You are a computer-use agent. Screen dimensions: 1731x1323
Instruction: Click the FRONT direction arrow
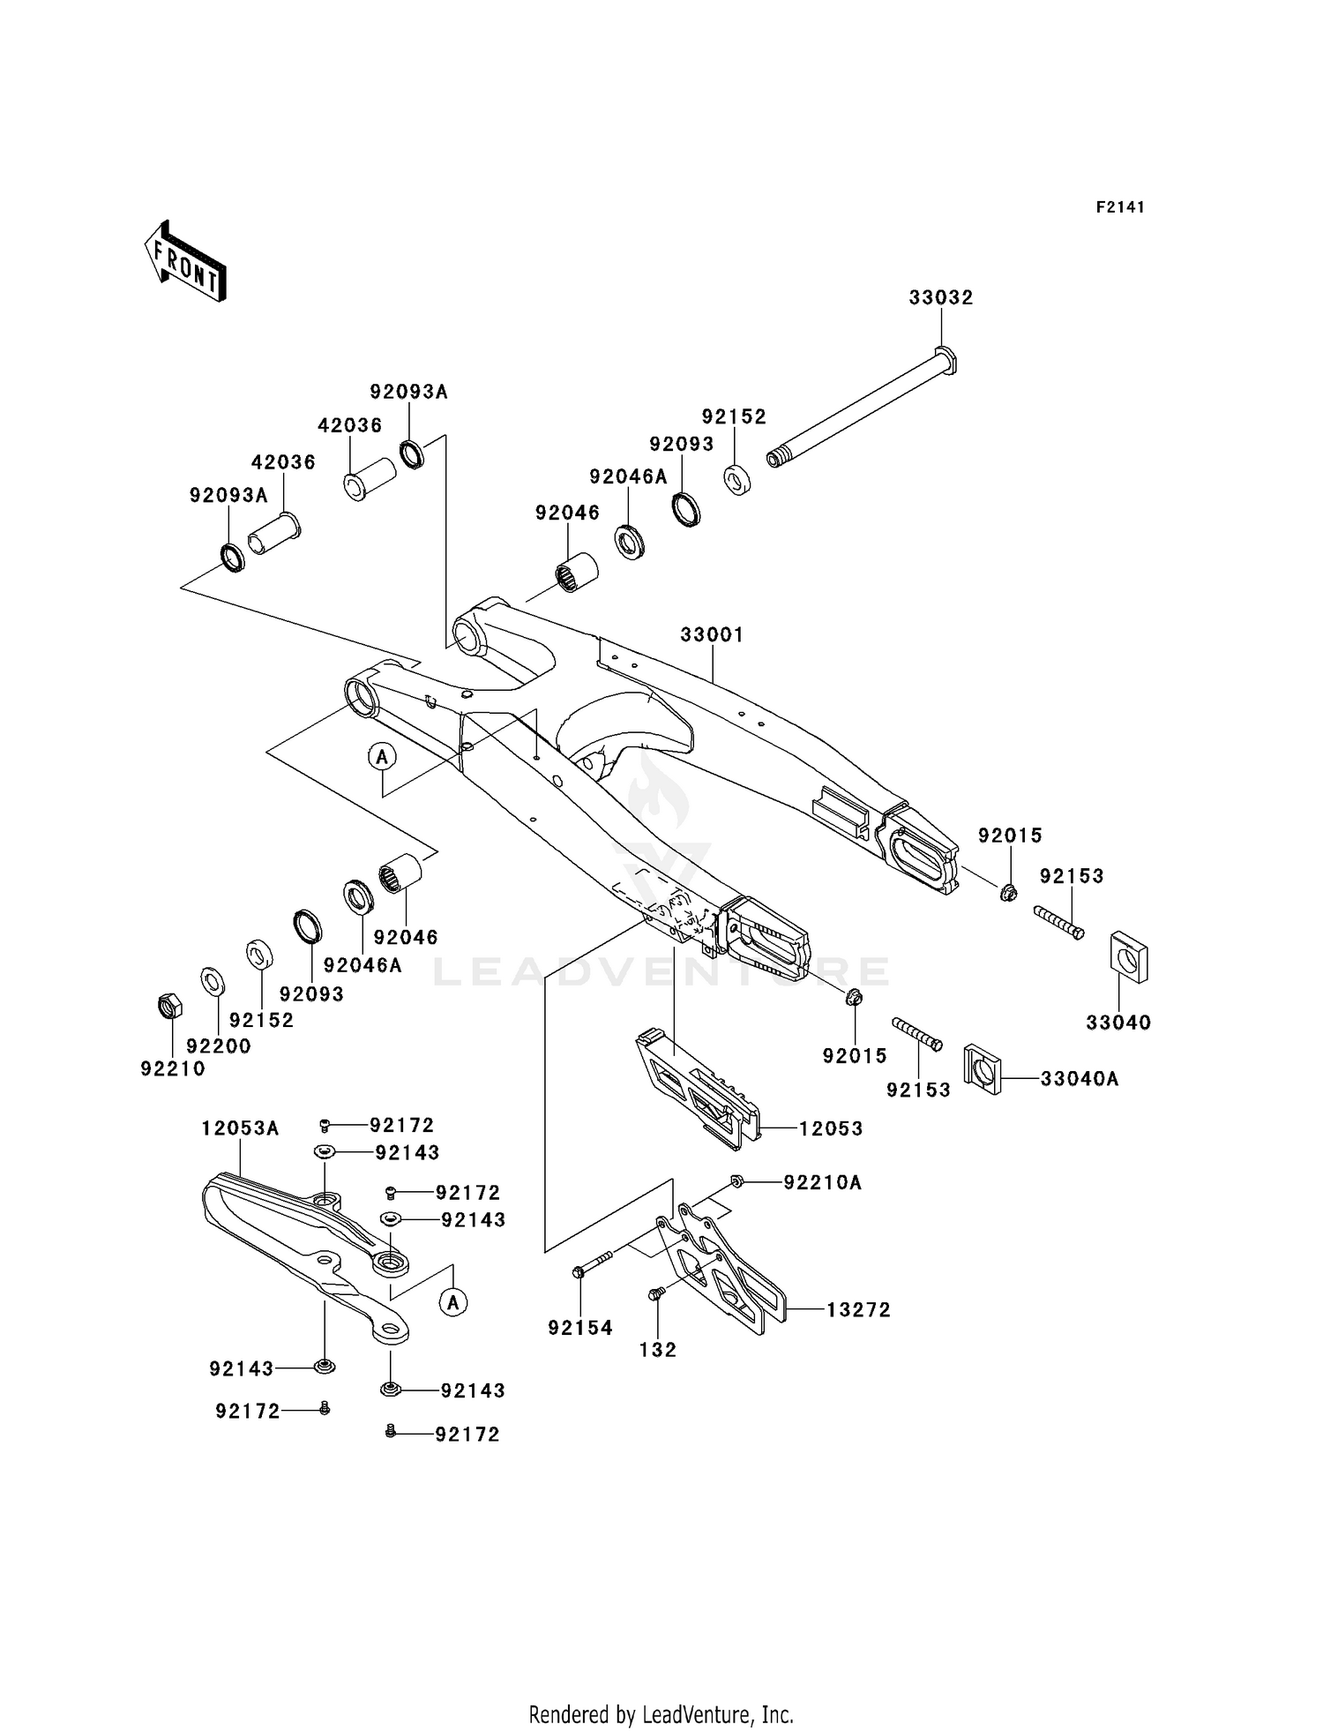(185, 262)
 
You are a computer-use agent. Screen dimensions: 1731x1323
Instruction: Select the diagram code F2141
(1120, 207)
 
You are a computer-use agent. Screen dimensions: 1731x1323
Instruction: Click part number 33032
(941, 298)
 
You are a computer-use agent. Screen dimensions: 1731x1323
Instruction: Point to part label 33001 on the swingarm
(712, 634)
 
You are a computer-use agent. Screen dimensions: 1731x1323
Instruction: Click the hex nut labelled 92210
(169, 1005)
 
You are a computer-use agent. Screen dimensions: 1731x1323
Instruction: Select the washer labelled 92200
(213, 980)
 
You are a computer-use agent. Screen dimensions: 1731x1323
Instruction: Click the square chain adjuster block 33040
(1128, 955)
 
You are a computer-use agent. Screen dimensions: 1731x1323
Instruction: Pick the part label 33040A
(1080, 1079)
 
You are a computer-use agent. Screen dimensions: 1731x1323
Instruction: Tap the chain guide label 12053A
(240, 1128)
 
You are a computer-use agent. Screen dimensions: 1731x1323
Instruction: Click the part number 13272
(858, 1310)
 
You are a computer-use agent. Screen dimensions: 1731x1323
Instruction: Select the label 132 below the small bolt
(658, 1350)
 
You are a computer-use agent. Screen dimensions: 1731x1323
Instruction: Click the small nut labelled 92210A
(736, 1181)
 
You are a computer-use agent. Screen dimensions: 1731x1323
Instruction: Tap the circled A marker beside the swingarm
(382, 756)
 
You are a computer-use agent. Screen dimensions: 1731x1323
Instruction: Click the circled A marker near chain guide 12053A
(453, 1302)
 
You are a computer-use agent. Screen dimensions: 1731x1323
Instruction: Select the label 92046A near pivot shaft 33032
(629, 476)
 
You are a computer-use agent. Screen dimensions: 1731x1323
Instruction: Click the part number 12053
(831, 1128)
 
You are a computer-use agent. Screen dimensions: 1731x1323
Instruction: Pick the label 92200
(219, 1046)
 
